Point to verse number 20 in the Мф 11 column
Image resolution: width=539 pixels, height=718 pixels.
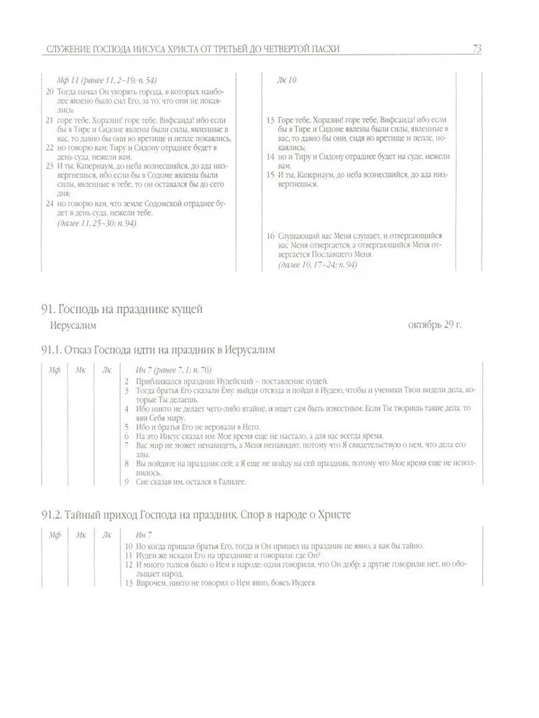[x=49, y=92]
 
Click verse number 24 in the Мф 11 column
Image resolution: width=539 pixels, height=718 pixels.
[x=49, y=203]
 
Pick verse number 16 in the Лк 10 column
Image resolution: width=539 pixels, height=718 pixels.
[x=270, y=236]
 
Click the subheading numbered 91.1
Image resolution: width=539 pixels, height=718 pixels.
[x=158, y=350]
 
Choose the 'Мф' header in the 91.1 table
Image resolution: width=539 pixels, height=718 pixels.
[x=53, y=370]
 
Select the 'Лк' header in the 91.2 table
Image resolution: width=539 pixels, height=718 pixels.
[x=107, y=536]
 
